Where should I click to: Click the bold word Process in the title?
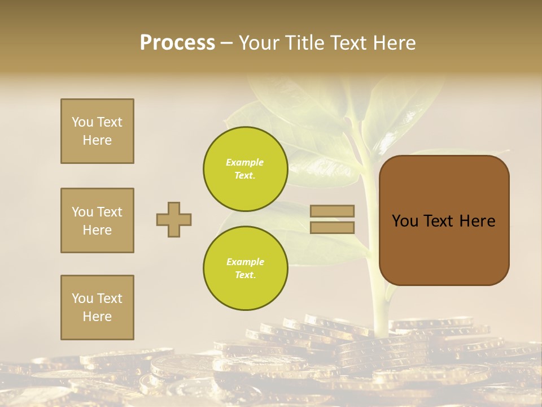pyautogui.click(x=177, y=42)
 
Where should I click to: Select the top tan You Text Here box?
pyautogui.click(x=97, y=131)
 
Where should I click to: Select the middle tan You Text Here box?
pyautogui.click(x=97, y=220)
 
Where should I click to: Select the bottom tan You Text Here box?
pyautogui.click(x=97, y=308)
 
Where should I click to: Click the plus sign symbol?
pyautogui.click(x=174, y=219)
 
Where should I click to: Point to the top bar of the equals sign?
pyautogui.click(x=332, y=211)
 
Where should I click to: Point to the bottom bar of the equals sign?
pyautogui.click(x=332, y=227)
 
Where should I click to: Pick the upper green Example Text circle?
pyautogui.click(x=246, y=168)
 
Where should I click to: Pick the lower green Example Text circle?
pyautogui.click(x=246, y=268)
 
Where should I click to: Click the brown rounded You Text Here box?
pyautogui.click(x=444, y=220)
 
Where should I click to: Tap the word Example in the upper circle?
pyautogui.click(x=245, y=162)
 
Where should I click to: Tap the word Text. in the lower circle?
pyautogui.click(x=245, y=275)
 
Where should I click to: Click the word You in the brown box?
pyautogui.click(x=405, y=221)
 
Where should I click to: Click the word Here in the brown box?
pyautogui.click(x=477, y=221)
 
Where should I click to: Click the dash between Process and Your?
pyautogui.click(x=226, y=43)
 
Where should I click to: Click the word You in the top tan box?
pyautogui.click(x=82, y=122)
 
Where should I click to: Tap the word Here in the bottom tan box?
pyautogui.click(x=97, y=317)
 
